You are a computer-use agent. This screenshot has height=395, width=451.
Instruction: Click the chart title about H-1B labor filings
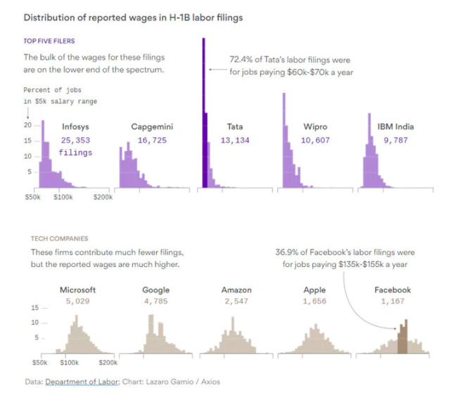pyautogui.click(x=133, y=18)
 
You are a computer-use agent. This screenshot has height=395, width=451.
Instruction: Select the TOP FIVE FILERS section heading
pyautogui.click(x=49, y=41)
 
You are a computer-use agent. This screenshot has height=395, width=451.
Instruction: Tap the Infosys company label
pyautogui.click(x=75, y=127)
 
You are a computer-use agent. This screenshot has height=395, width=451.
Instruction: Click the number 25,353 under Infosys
pyautogui.click(x=75, y=141)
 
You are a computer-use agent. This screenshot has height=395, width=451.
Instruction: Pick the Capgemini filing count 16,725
pyautogui.click(x=152, y=141)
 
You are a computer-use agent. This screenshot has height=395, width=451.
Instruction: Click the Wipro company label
pyautogui.click(x=315, y=127)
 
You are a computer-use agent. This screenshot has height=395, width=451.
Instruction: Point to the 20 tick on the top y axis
pyautogui.click(x=28, y=125)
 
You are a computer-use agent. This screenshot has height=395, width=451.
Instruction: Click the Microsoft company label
pyautogui.click(x=79, y=290)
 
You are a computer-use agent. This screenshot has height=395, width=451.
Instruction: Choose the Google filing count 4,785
pyautogui.click(x=155, y=302)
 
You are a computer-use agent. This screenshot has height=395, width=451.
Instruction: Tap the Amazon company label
pyautogui.click(x=235, y=290)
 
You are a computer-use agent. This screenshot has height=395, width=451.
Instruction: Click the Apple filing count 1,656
pyautogui.click(x=315, y=302)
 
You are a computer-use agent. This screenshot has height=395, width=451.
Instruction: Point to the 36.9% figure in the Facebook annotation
pyautogui.click(x=288, y=252)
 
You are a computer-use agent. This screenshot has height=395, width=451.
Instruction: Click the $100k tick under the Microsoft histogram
pyautogui.click(x=69, y=363)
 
